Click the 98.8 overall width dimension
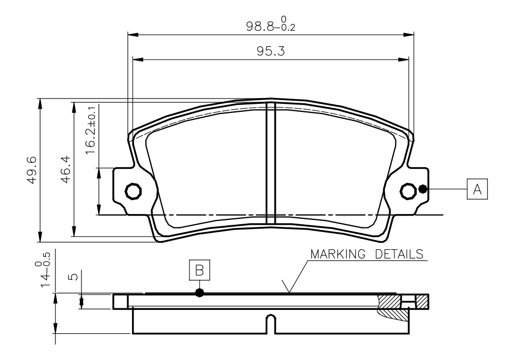pos(270,24)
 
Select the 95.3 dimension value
pos(271,51)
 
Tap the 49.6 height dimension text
pos(32,170)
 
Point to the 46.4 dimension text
pos(65,169)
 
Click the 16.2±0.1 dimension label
pos(90,130)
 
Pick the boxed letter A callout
pos(477,189)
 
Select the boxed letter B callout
pos(199,270)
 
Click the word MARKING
pos(338,254)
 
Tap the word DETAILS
pos(399,254)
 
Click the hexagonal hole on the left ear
pos(134,191)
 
